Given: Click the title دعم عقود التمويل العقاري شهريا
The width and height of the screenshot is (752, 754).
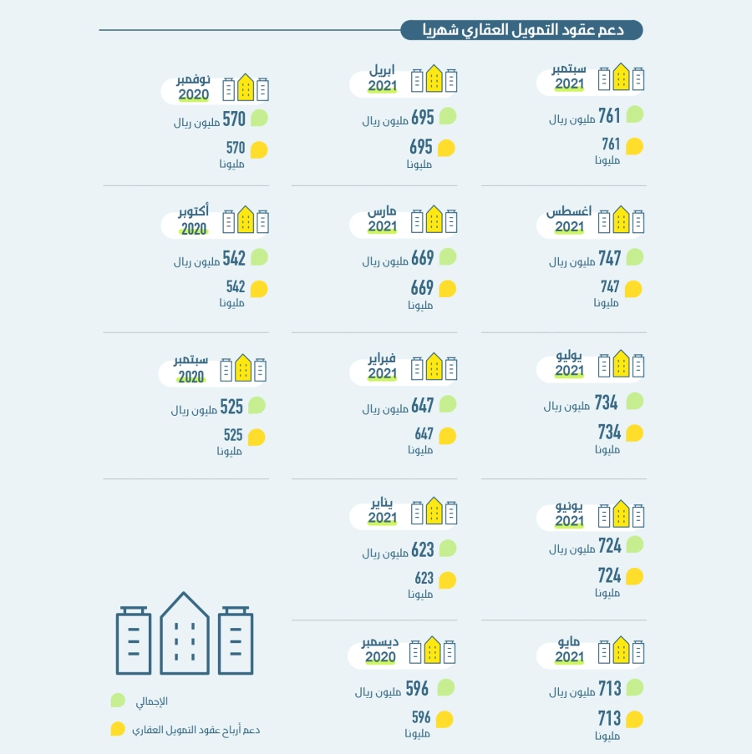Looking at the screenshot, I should pyautogui.click(x=521, y=31).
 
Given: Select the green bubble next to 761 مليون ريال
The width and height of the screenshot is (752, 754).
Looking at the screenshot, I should pyautogui.click(x=635, y=114).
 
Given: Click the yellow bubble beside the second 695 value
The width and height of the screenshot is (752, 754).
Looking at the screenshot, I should pyautogui.click(x=447, y=148).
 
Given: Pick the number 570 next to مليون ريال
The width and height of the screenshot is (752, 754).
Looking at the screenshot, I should pyautogui.click(x=234, y=119).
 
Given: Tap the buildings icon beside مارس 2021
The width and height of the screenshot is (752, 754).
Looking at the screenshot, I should pyautogui.click(x=434, y=220).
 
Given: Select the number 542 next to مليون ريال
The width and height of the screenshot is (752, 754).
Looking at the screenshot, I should pyautogui.click(x=234, y=258).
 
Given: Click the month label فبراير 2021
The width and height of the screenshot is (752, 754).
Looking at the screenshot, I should pyautogui.click(x=383, y=367).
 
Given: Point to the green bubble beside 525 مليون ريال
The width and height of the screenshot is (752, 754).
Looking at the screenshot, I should pyautogui.click(x=257, y=406).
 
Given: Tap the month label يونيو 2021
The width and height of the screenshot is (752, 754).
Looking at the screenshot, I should pyautogui.click(x=571, y=514).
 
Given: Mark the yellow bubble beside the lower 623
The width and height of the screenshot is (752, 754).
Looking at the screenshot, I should pyautogui.click(x=447, y=579).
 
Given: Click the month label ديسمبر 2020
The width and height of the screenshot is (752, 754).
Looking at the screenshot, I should pyautogui.click(x=380, y=650).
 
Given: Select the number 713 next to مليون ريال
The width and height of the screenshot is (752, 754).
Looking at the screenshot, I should pyautogui.click(x=609, y=689).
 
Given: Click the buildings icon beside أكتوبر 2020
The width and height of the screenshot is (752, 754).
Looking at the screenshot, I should pyautogui.click(x=246, y=220).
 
